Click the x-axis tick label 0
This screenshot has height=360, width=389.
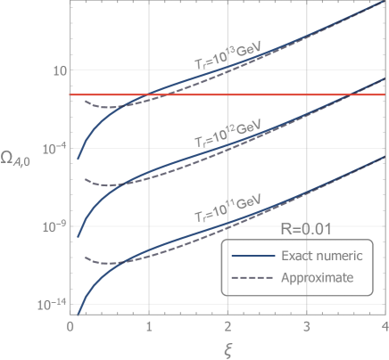coord(70,327)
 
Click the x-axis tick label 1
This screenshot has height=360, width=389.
coord(149,327)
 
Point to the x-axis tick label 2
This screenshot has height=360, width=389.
coord(228,327)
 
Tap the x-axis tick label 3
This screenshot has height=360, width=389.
coord(306,327)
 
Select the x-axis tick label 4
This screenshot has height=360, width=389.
coord(385,327)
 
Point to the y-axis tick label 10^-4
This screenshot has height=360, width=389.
coord(50,147)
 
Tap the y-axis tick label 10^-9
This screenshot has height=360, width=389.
coord(50,225)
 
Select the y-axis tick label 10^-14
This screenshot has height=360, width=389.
coord(48,304)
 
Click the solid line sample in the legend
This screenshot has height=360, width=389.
coord(250,257)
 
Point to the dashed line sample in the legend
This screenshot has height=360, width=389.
coord(250,278)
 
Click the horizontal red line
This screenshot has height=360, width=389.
coord(268,94)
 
